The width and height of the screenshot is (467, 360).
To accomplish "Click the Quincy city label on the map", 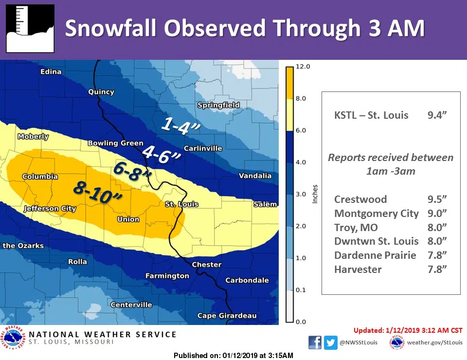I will (x=101, y=91).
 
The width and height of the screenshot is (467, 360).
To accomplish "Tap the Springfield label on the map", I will (x=218, y=105).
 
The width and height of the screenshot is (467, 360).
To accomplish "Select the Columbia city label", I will (x=40, y=177).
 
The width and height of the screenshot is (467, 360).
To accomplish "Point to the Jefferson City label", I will (x=50, y=209).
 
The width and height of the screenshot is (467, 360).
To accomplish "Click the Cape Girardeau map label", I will (x=227, y=316).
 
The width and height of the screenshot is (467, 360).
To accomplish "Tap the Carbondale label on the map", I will (x=247, y=280).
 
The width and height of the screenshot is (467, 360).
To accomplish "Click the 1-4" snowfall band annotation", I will (x=180, y=126).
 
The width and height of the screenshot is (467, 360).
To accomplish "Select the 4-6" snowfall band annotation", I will (x=162, y=154).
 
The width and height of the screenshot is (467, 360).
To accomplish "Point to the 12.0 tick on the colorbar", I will (x=303, y=66).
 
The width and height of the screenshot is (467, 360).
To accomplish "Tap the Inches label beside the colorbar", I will (x=316, y=194).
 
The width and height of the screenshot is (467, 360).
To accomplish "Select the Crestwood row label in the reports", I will (x=360, y=199).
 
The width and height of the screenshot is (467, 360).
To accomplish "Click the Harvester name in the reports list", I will (x=358, y=269).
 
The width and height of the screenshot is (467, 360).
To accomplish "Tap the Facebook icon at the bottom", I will (x=315, y=342).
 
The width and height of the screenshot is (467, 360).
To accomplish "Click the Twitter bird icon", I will (x=331, y=342).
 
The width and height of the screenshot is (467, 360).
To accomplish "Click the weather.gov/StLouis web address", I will (x=434, y=342).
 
